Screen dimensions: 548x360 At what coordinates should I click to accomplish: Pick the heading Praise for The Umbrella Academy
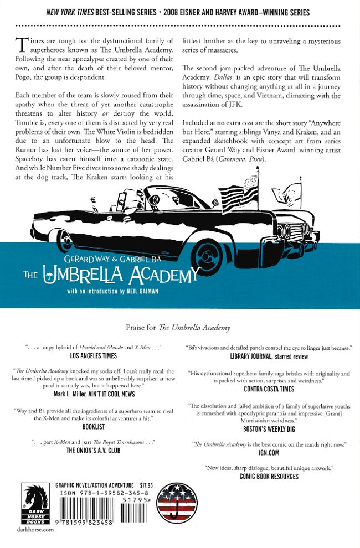[x=179, y=328]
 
